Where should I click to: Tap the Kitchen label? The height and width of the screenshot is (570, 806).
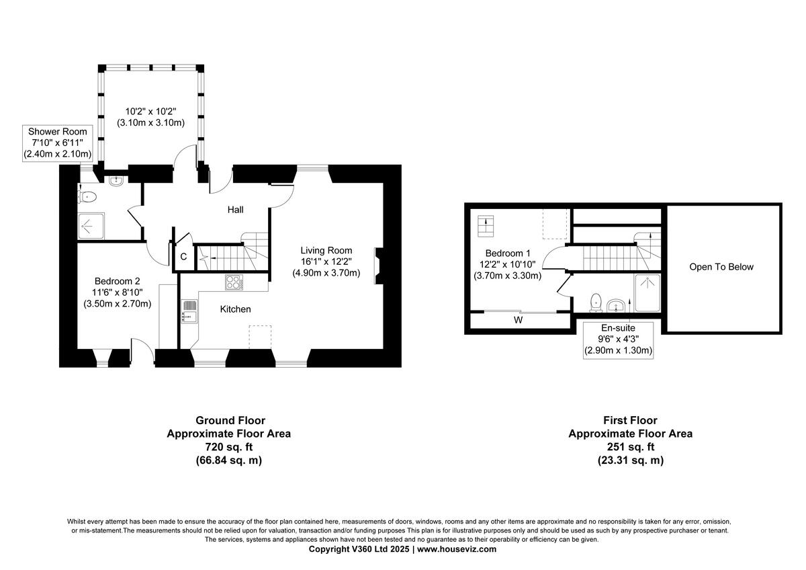point(236,309)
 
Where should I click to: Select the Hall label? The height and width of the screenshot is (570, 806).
point(235,210)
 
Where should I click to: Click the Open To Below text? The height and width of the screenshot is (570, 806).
point(721,267)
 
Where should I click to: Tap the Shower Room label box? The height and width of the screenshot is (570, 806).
point(57,142)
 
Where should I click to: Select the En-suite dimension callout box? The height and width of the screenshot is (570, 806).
point(619,339)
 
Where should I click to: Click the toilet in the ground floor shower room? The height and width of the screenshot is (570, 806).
point(87,197)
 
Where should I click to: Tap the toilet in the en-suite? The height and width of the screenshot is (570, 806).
point(594,303)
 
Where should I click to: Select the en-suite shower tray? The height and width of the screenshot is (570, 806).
point(647,292)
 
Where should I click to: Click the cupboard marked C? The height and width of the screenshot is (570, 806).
point(183,257)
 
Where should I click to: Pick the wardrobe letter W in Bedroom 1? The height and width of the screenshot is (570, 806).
point(518,321)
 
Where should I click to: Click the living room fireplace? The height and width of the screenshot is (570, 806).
point(379,267)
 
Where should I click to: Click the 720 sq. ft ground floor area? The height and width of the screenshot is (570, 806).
point(228,447)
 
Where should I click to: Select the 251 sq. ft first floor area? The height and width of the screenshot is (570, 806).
point(630,447)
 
